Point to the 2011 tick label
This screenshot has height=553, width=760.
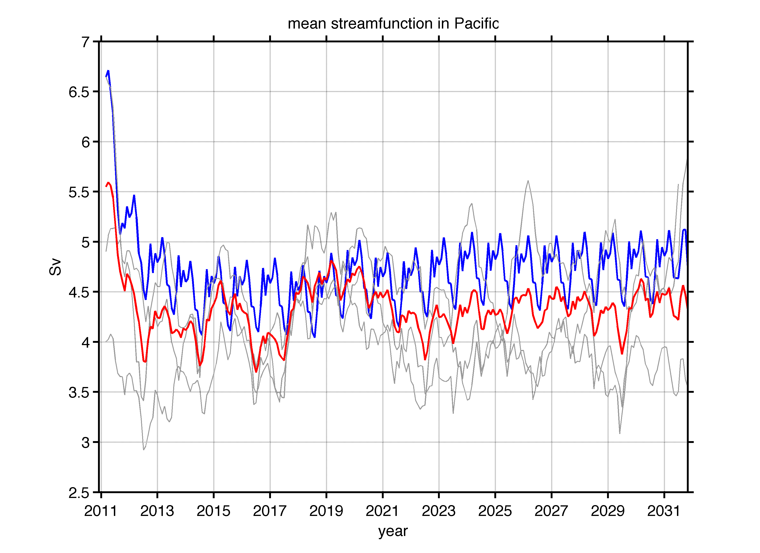click(x=101, y=511)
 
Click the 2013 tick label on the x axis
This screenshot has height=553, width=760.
click(x=157, y=511)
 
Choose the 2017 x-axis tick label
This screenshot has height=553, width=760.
click(x=270, y=511)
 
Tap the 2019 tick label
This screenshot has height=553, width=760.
click(x=326, y=511)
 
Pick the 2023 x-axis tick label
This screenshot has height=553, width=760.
click(x=439, y=511)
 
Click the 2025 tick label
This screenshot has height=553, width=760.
click(x=495, y=511)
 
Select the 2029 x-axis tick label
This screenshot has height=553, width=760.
click(x=607, y=511)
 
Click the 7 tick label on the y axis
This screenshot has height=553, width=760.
click(x=86, y=42)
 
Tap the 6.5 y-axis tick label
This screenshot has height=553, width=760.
click(x=79, y=92)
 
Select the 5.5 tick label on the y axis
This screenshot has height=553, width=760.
click(x=79, y=192)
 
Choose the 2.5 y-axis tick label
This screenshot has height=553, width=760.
click(x=79, y=493)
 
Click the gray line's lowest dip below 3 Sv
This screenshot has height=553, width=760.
click(x=144, y=449)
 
